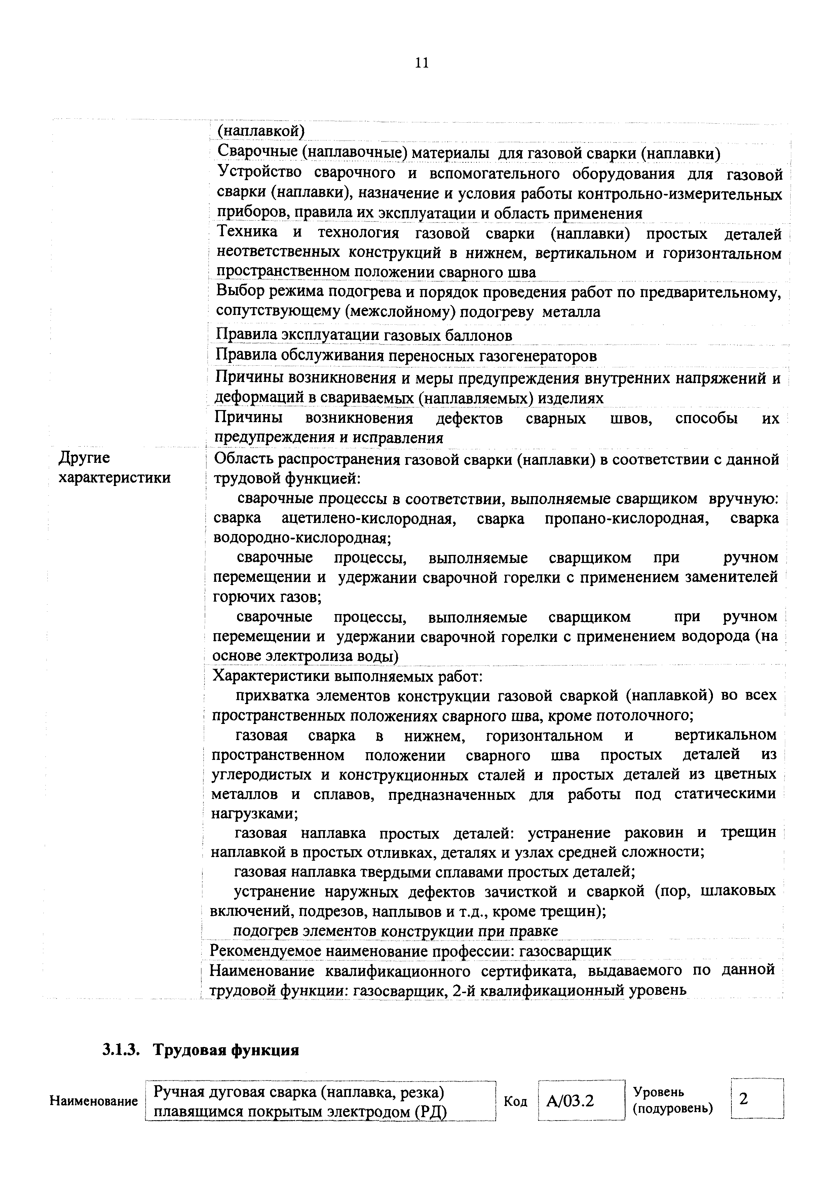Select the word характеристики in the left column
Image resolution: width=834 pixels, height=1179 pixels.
click(x=115, y=478)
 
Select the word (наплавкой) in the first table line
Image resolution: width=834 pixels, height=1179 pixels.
click(x=261, y=131)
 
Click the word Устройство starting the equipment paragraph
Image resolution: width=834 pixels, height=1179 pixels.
click(x=260, y=173)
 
